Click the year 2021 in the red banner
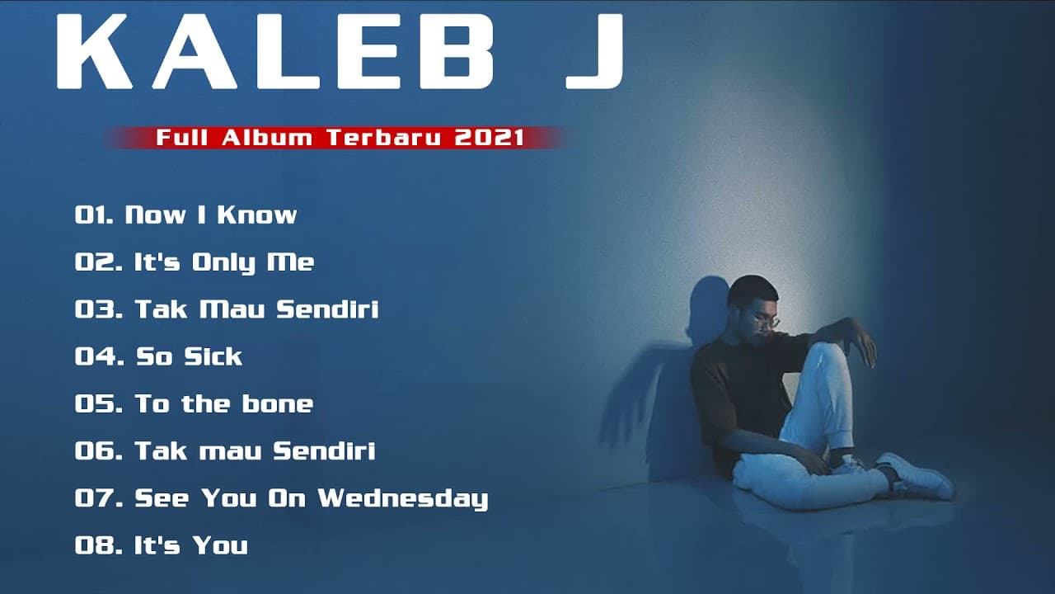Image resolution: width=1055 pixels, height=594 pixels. click(490, 138)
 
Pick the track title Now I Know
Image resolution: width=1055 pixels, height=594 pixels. click(210, 215)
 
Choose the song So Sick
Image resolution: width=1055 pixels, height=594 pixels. click(189, 356)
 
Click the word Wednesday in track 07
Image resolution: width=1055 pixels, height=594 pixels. click(403, 498)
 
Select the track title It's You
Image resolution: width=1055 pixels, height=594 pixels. click(191, 545)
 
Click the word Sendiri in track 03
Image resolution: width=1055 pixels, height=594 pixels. click(327, 309)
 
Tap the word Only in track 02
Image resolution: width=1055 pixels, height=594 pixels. click(224, 262)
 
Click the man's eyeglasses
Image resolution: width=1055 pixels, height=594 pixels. click(765, 321)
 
